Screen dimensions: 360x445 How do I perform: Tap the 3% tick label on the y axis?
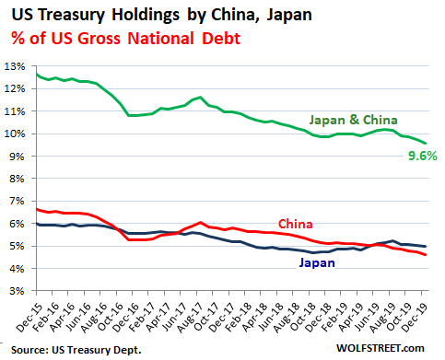click(17, 291)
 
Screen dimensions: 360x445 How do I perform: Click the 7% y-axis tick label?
click(17, 201)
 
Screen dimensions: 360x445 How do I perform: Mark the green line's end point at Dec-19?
click(426, 143)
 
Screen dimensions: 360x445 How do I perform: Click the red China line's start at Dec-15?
click(37, 209)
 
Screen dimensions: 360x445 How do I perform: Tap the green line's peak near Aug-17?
click(199, 97)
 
